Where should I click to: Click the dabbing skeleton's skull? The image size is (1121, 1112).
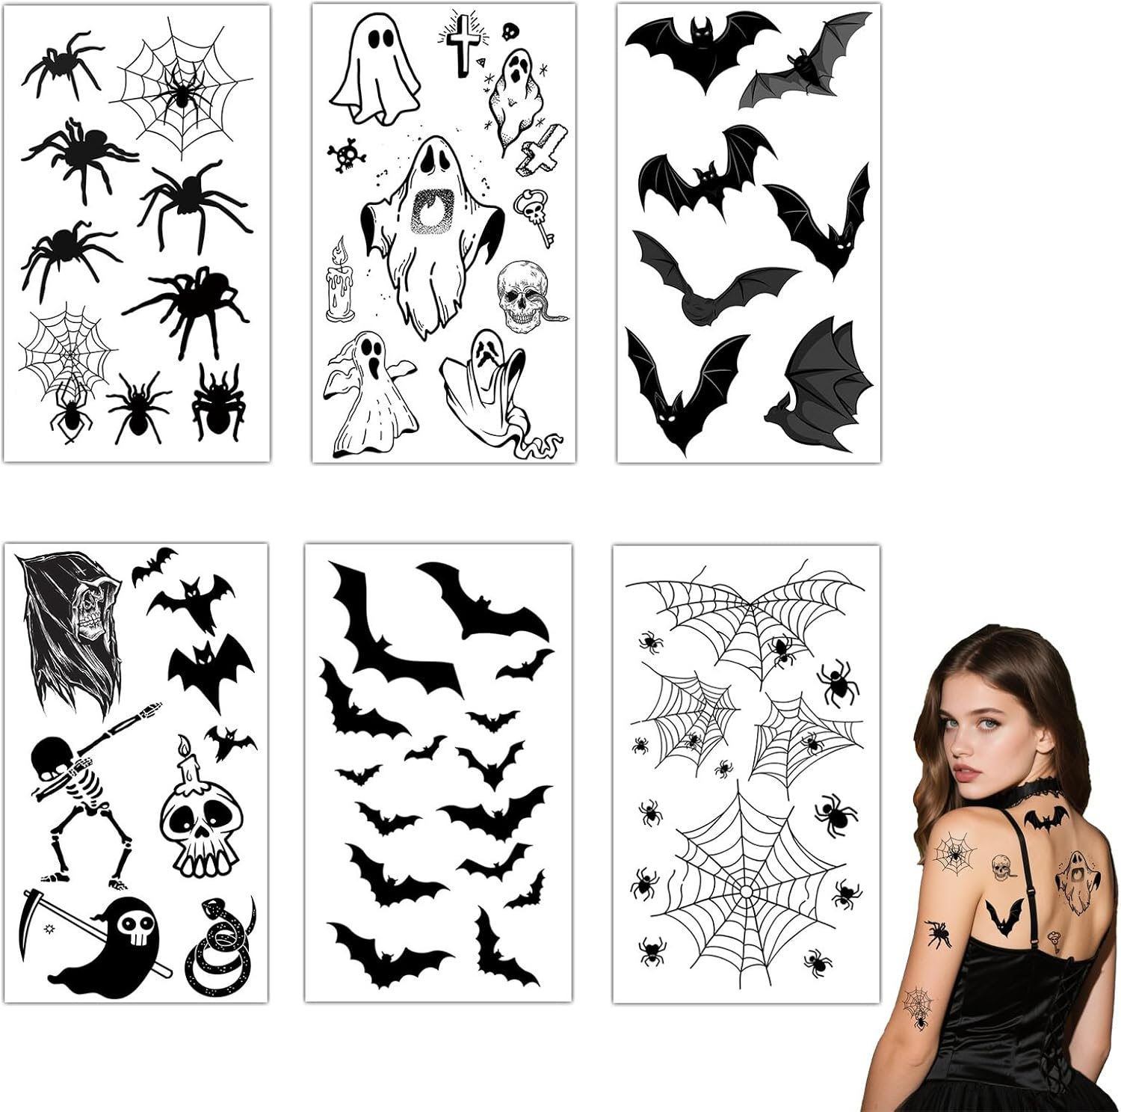point(49,756)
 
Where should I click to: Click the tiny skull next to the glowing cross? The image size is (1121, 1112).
point(511,31)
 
